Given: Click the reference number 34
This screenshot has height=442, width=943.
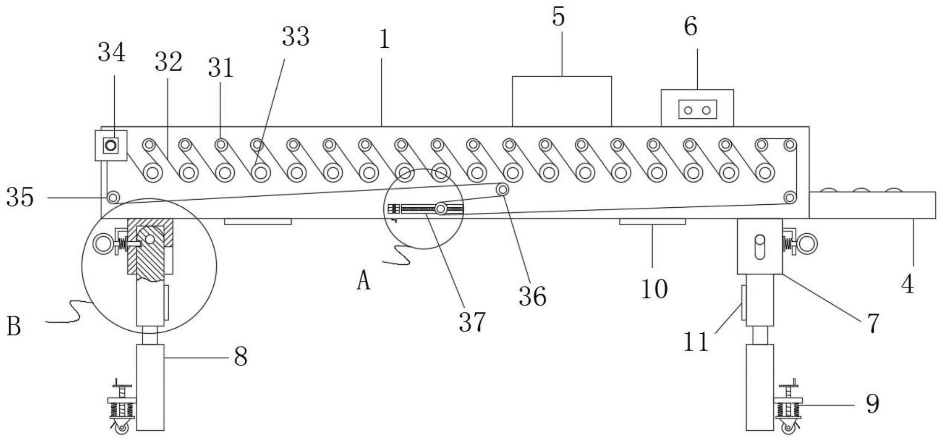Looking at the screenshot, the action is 112,52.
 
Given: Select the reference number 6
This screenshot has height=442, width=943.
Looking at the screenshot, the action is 691,26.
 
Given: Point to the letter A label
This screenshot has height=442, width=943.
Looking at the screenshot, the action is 364,280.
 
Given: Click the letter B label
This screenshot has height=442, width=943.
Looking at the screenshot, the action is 14,326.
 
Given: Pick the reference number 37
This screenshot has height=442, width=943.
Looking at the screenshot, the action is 472,322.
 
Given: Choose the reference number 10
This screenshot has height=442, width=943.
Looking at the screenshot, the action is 654,289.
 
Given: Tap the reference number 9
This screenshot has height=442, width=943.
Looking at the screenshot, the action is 872,404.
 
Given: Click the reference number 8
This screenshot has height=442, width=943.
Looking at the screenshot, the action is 241,357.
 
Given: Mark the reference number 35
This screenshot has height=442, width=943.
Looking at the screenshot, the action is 20,197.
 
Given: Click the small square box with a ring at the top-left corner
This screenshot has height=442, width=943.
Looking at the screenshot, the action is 111,146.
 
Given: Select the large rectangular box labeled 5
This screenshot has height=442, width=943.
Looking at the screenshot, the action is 562,102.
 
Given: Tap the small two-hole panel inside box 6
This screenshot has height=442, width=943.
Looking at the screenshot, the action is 698,110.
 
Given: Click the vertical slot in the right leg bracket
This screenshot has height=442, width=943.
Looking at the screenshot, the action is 760,247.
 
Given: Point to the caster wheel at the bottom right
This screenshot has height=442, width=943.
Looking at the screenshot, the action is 788,428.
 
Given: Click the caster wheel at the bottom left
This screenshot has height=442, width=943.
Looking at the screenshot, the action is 122,428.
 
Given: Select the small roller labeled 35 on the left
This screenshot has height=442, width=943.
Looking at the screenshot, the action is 113,196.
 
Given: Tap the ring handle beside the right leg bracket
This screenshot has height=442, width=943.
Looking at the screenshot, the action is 807,244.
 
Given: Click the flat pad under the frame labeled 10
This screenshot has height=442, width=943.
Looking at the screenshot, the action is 653,222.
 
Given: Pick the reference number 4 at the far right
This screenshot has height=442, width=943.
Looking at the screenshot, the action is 907,285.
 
